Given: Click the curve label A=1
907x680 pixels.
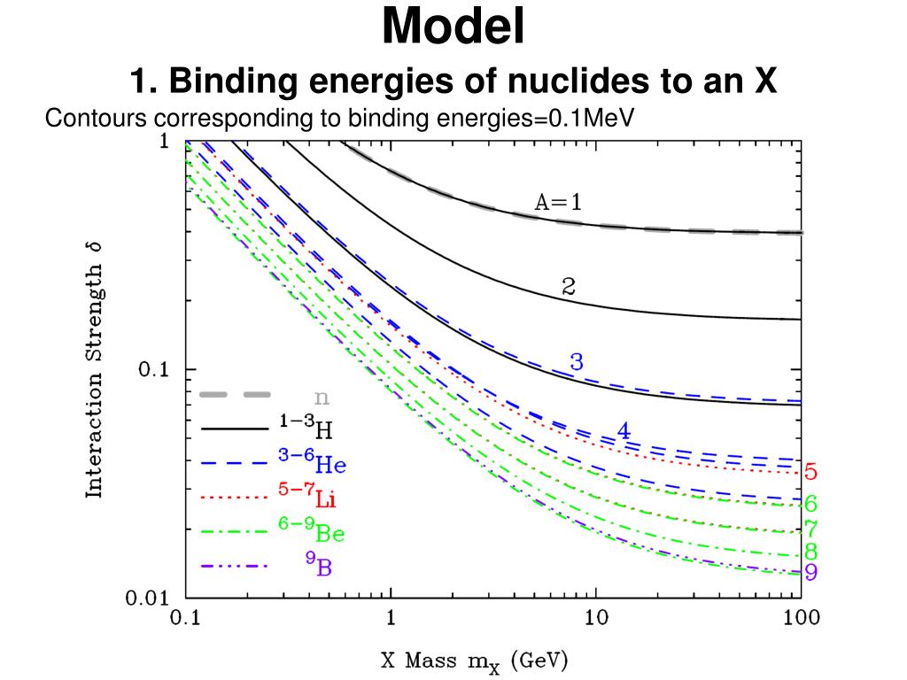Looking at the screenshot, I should click(558, 202).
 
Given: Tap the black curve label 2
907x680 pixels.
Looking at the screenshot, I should click(570, 286).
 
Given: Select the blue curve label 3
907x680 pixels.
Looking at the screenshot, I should click(576, 361).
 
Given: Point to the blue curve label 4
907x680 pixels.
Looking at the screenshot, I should click(624, 431).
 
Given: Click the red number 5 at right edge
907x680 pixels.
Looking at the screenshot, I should click(810, 471).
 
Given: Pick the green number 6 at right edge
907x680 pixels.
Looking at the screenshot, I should click(810, 505).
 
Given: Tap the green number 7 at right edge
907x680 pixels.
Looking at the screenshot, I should click(810, 529).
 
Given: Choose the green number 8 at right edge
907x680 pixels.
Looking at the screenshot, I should click(810, 552).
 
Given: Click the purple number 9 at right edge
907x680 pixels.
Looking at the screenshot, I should click(810, 572).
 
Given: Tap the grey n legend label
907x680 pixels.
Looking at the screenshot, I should click(322, 396).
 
